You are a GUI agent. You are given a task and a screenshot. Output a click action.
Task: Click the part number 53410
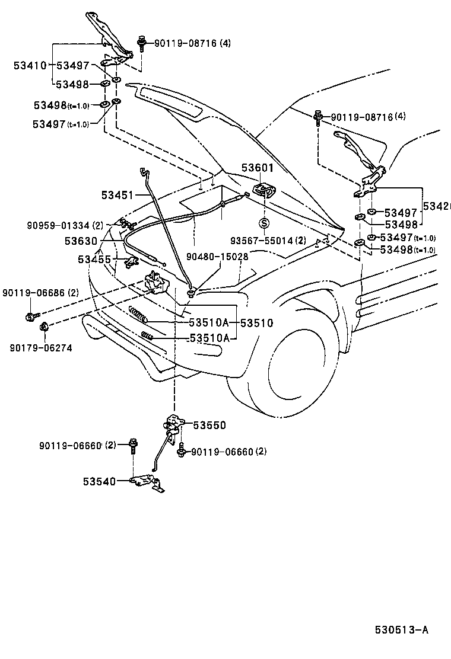coord(30,66)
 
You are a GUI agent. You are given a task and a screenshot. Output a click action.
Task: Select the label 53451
coord(117,194)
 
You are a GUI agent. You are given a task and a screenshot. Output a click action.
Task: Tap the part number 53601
coord(256,169)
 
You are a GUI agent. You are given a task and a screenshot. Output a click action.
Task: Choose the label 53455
coord(94,259)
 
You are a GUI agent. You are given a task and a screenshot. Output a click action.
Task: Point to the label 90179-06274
coord(41,348)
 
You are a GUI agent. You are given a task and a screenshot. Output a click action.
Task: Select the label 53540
coord(99,482)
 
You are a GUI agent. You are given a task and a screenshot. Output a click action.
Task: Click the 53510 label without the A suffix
coord(256,324)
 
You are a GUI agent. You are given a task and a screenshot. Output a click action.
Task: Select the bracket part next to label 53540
coord(145,482)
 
